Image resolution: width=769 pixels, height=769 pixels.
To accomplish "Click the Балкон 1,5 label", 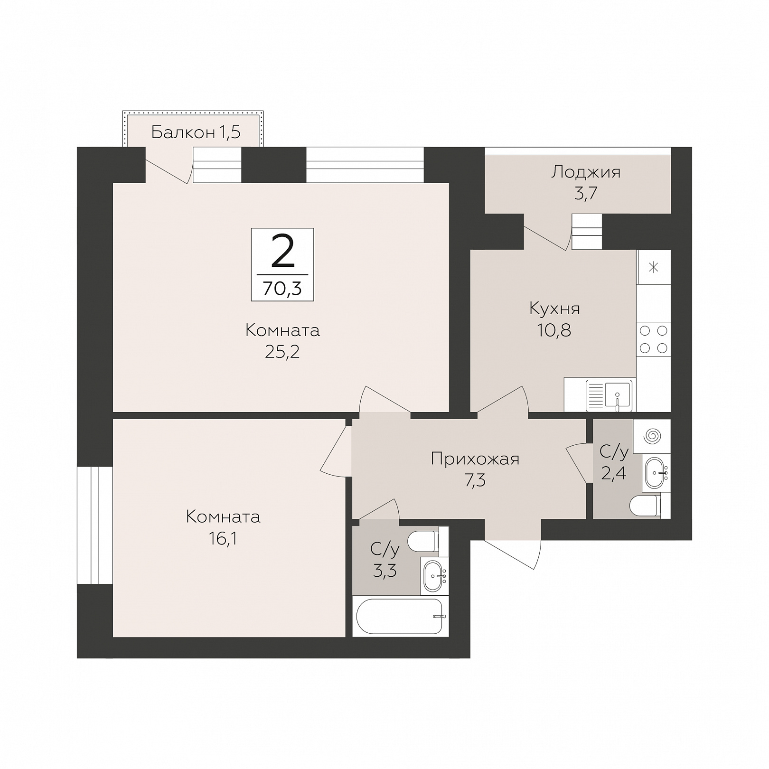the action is point(196,132).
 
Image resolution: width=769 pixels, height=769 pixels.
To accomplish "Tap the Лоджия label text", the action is point(586,172).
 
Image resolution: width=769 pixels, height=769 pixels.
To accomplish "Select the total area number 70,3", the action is point(282,288).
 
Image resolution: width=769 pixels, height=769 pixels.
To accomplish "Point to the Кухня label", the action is point(554,309).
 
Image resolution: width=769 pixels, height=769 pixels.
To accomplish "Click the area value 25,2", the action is point(282,352).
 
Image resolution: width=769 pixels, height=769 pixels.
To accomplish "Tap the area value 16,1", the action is point(223,539).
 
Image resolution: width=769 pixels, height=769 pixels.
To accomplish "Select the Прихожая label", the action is point(475,459).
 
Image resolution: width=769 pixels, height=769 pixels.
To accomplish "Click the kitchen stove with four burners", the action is point(654,339).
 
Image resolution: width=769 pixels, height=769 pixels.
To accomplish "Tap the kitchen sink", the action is point(609,396).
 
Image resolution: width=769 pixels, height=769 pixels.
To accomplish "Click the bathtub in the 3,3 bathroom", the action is point(399,616).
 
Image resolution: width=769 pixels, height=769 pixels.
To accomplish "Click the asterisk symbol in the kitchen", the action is point(654,267).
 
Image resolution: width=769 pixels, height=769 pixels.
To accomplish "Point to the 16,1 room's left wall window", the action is point(95,525).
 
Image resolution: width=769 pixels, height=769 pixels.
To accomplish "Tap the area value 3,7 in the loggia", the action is point(586,194).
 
